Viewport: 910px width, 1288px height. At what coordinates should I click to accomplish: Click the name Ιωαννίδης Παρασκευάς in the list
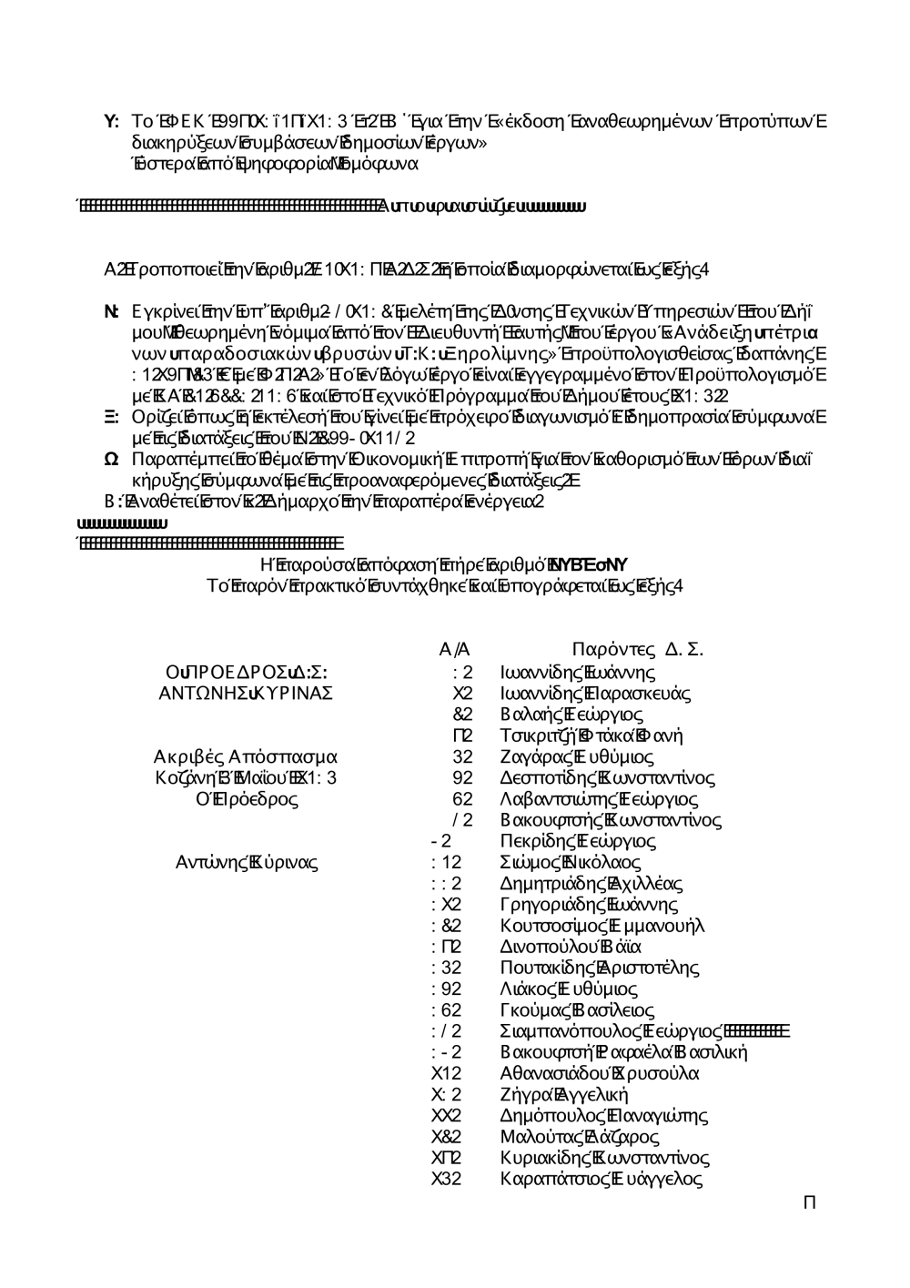[x=595, y=694]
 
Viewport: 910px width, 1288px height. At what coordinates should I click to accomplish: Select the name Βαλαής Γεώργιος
[x=571, y=715]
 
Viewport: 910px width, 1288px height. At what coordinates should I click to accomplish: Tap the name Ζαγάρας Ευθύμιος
[x=577, y=756]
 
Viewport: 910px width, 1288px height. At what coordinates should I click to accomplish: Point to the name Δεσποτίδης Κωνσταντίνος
[x=607, y=778]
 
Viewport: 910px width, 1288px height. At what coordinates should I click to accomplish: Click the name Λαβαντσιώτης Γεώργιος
[x=599, y=799]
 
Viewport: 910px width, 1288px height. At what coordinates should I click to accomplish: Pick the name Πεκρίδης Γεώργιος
[x=578, y=841]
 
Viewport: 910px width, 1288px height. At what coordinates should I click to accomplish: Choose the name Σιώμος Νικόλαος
[x=571, y=862]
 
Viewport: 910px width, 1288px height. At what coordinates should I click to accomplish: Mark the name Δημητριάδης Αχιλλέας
[x=591, y=883]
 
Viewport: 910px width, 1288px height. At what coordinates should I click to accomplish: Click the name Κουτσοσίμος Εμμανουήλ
[x=602, y=926]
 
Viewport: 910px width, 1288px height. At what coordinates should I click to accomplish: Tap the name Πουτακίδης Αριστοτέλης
[x=599, y=968]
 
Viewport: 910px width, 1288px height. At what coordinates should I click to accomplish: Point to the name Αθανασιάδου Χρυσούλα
[x=600, y=1073]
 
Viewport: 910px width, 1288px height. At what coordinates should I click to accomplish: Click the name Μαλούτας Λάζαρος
[x=580, y=1137]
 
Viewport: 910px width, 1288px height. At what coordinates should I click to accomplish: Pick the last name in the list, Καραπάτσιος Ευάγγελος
[x=602, y=1179]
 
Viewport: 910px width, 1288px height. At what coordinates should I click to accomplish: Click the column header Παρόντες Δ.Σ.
[x=638, y=649]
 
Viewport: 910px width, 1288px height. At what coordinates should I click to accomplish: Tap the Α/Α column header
[x=454, y=649]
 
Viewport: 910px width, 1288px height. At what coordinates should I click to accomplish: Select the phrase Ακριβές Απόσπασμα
[x=246, y=756]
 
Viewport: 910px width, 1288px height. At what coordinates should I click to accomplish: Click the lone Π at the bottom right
[x=809, y=1203]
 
